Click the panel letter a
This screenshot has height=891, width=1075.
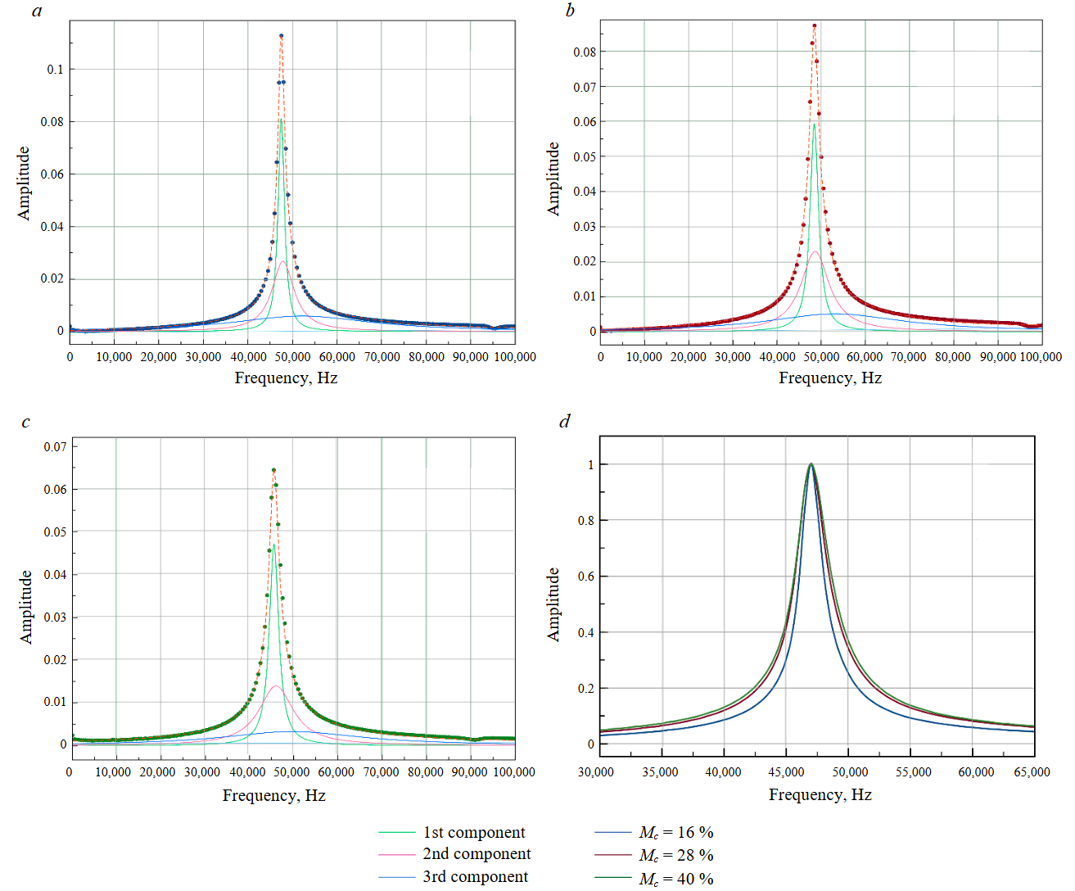(37, 11)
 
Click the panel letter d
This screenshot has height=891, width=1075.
(564, 421)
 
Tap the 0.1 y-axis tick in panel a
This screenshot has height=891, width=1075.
(54, 70)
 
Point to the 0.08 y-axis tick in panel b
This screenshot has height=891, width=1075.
(585, 52)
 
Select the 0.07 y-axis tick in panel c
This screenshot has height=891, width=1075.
(56, 447)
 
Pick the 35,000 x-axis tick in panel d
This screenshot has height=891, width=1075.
(659, 772)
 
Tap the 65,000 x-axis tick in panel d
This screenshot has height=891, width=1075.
(1032, 772)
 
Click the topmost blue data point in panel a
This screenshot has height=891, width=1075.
(281, 36)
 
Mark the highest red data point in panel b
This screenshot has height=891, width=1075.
(814, 25)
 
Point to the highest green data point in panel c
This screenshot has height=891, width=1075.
(273, 470)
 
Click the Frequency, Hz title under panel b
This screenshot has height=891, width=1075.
(830, 378)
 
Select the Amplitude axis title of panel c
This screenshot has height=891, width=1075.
(25, 607)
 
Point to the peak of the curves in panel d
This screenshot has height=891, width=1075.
(811, 464)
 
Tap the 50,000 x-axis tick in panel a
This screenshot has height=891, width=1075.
(292, 357)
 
